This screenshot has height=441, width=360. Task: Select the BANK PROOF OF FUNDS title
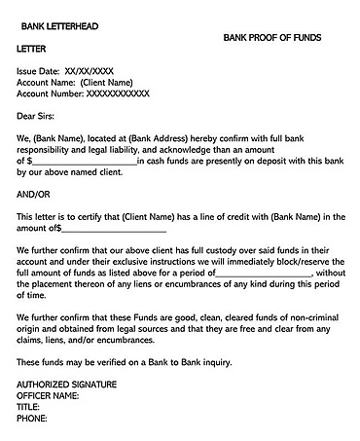coord(271,37)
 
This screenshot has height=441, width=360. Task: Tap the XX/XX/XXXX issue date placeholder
coord(89,71)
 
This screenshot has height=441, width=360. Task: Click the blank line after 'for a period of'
coord(263,274)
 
